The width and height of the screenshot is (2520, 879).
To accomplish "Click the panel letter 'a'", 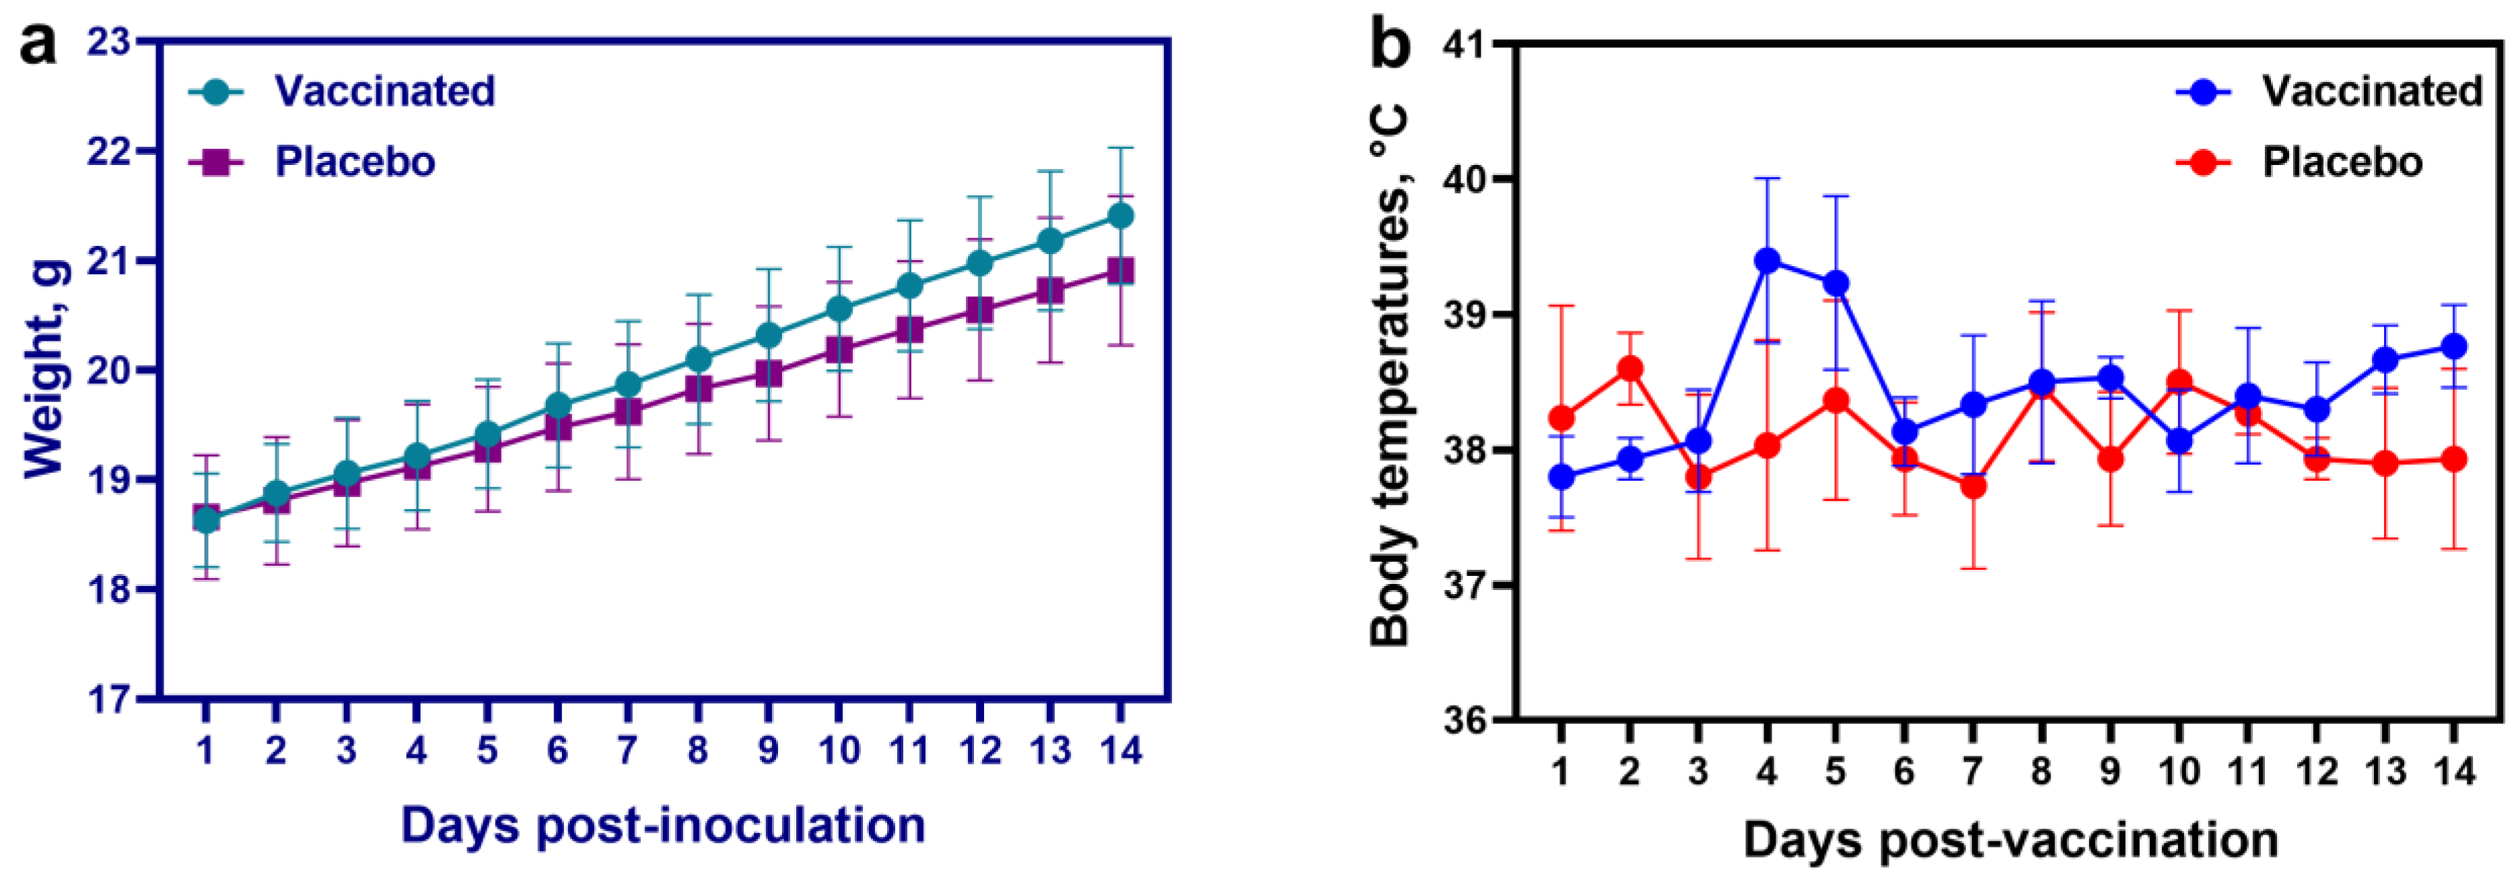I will click(37, 44).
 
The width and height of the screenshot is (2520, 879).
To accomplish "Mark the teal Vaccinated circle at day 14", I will click(1121, 216).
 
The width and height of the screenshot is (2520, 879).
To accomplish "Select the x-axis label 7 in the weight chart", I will click(627, 751).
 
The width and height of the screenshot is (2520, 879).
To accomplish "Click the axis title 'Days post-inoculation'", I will click(662, 825).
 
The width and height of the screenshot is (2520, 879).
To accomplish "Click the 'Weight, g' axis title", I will click(46, 370).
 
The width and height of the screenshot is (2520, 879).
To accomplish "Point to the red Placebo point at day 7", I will click(1972, 486).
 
